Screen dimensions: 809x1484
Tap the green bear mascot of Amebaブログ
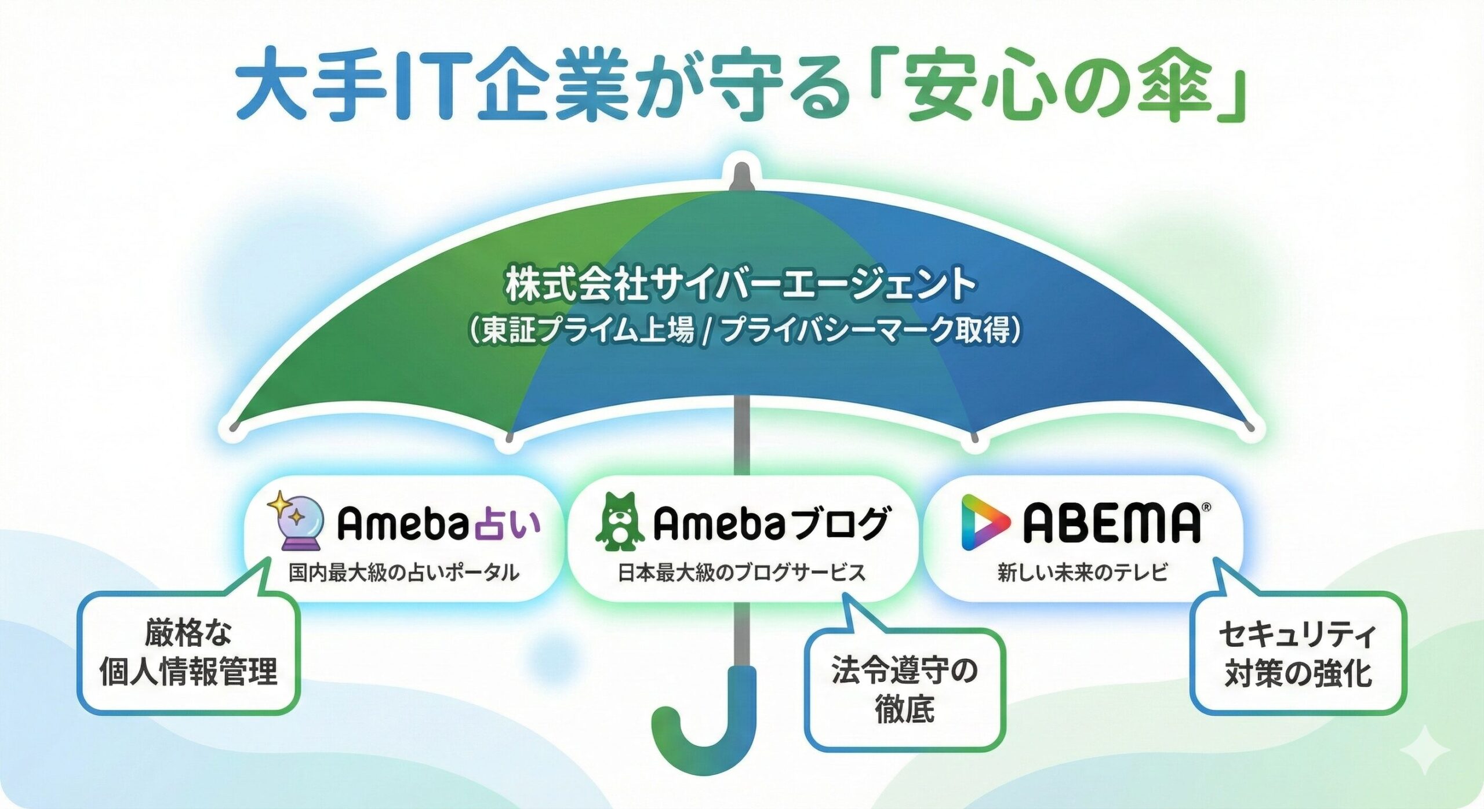coord(619,522)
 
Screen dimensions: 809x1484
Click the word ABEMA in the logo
coord(1111,524)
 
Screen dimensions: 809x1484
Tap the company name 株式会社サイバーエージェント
coord(741,285)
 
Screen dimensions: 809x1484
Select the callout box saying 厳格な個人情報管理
coord(188,653)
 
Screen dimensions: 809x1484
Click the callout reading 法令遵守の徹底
coord(904,690)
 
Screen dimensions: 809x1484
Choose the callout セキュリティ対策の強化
coord(1298,654)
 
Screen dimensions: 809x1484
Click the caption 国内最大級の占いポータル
coord(404,573)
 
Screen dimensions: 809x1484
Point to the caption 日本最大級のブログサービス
coord(741,573)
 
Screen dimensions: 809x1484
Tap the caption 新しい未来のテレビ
coord(1082,573)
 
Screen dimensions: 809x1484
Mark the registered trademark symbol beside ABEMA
coord(1206,508)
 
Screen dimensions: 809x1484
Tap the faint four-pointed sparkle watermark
coord(1424,751)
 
